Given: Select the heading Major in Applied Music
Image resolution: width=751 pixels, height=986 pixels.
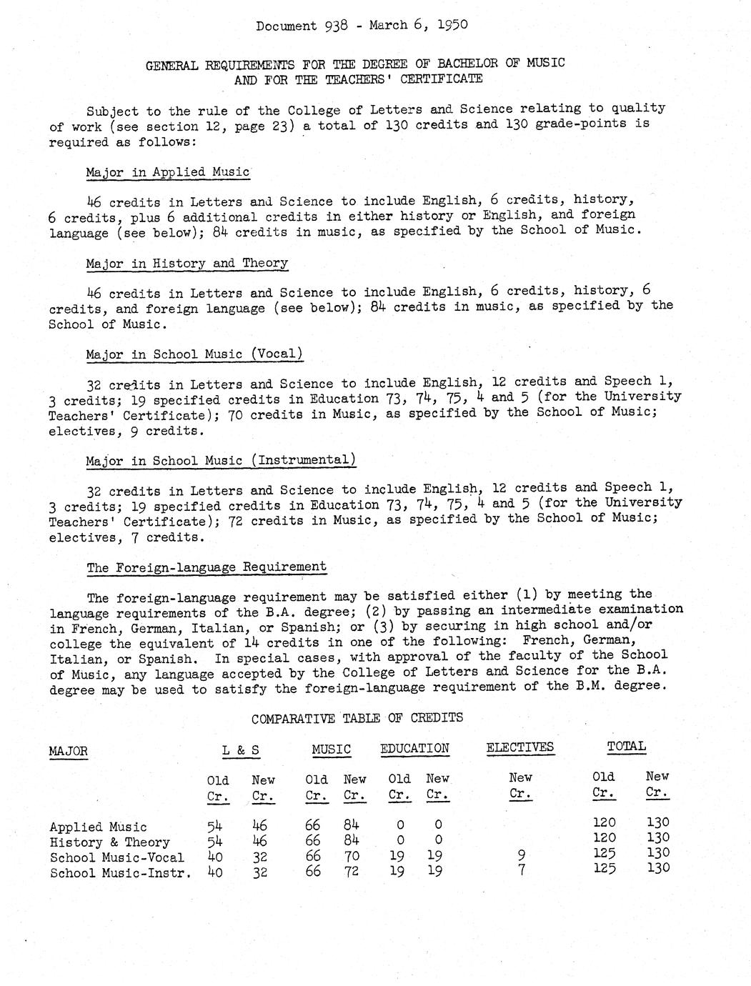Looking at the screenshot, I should (x=168, y=172).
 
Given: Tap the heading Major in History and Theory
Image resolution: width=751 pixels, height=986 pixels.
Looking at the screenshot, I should (x=186, y=263).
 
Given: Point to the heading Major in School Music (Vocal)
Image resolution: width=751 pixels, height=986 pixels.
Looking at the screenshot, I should (x=194, y=354).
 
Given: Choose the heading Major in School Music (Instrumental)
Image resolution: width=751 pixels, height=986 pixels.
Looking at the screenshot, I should (x=221, y=460).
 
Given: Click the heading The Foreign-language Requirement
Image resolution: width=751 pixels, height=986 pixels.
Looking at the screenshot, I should (x=207, y=567).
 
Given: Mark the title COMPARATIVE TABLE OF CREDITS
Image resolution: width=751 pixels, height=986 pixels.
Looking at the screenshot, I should (x=357, y=717).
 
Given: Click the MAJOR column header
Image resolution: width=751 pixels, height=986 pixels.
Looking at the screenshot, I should (x=69, y=751).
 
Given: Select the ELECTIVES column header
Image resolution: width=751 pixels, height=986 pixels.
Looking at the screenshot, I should (x=519, y=747).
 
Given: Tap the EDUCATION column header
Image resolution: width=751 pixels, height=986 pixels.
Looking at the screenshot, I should (x=414, y=748).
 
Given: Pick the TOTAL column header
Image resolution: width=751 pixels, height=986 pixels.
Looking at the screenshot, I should (x=626, y=746).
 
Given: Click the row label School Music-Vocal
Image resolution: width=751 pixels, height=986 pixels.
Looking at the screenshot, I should (x=116, y=857).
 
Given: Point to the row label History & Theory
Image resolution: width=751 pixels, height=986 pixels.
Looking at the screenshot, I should (x=109, y=842).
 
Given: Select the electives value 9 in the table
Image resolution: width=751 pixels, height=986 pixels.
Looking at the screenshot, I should (x=520, y=854).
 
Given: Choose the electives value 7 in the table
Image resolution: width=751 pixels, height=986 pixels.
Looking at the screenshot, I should (x=520, y=870).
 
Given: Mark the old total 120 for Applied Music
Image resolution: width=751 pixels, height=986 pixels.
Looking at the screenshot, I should (x=604, y=822).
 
